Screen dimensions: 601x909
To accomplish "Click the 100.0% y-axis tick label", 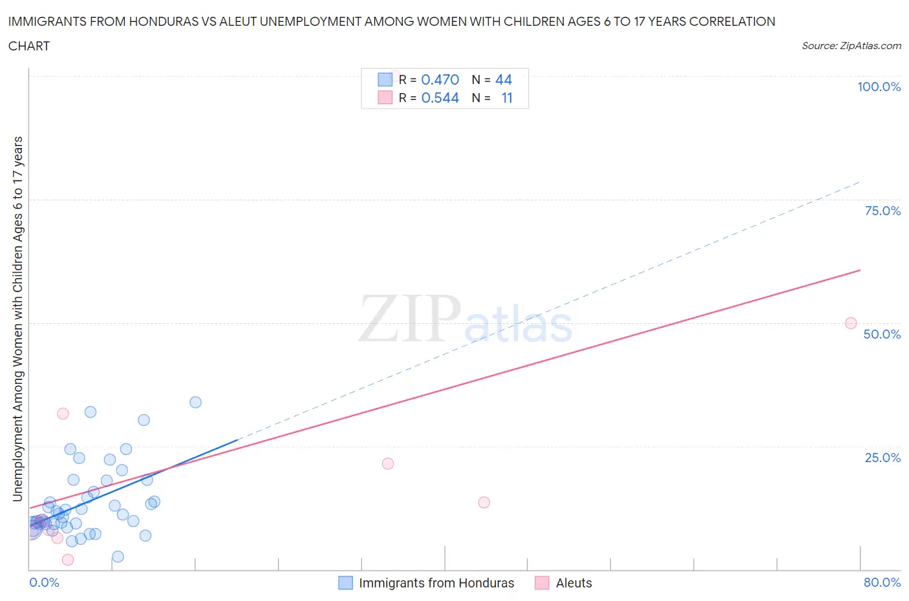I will click(x=879, y=87).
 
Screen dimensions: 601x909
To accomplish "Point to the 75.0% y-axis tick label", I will click(x=882, y=211).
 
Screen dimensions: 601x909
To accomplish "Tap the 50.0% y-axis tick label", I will click(x=882, y=334).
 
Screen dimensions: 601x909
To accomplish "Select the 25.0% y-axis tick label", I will click(x=882, y=458).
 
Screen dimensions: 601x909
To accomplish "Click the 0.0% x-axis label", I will click(x=44, y=582).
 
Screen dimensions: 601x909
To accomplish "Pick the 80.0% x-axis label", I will click(x=882, y=582).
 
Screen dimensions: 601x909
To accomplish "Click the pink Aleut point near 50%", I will click(x=851, y=323).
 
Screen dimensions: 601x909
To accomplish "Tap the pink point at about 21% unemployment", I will click(x=388, y=463).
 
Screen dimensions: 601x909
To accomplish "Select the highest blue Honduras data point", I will click(x=195, y=402).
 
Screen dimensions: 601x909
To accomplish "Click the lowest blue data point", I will click(x=118, y=556).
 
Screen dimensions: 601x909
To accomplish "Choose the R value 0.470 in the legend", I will click(x=440, y=79).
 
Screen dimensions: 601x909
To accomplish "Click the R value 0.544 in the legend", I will click(x=440, y=98).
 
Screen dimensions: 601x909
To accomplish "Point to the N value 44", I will click(x=503, y=79).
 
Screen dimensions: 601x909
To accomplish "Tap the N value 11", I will click(x=506, y=98).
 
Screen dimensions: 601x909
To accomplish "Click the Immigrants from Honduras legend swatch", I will click(x=346, y=583).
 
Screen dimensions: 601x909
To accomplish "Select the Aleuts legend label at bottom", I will click(x=573, y=583).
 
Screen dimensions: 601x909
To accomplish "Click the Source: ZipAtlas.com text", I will click(x=851, y=45).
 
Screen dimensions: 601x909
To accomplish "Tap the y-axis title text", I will click(x=17, y=319).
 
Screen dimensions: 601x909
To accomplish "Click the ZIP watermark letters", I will click(x=410, y=318).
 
